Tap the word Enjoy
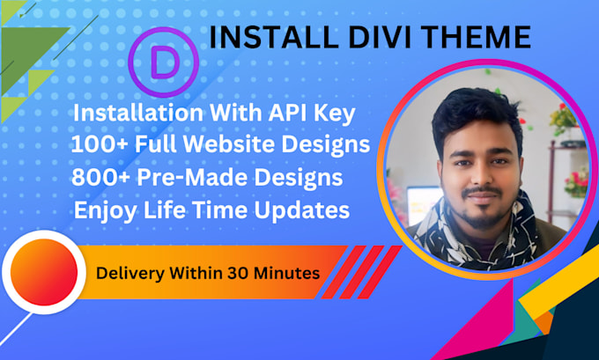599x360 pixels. tap(104, 210)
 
